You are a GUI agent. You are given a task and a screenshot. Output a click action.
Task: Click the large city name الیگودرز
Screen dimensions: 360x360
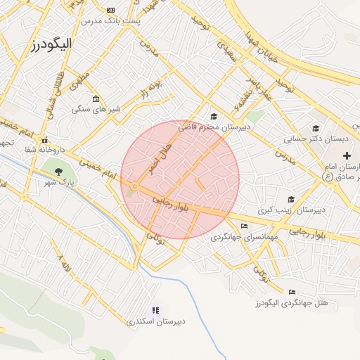(53, 45)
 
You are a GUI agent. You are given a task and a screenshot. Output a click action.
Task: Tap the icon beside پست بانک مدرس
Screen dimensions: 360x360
(110, 10)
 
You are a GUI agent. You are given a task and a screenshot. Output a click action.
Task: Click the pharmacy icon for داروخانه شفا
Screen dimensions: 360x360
(44, 139)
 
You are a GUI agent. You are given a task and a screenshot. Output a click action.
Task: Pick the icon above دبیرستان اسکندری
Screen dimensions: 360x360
(156, 310)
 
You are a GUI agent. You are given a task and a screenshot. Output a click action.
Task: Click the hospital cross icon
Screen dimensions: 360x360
(346, 154)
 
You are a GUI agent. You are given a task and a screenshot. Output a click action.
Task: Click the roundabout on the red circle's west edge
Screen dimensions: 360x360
(133, 186)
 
